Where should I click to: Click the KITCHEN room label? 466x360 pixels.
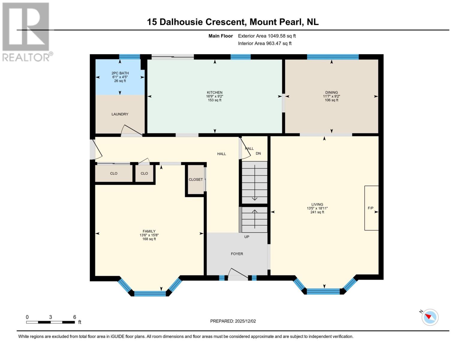pos(214,92)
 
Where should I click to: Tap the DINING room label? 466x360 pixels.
pos(331,92)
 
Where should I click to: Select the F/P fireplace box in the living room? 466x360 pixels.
pos(371,208)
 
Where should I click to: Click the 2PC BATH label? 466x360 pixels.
pos(120,73)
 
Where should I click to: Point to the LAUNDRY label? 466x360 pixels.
pos(120,114)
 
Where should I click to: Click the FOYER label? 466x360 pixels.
pos(237,254)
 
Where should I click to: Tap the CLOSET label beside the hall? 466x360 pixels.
pos(196,179)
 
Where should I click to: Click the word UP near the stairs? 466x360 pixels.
pos(247,237)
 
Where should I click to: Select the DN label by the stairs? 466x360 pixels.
pos(258,153)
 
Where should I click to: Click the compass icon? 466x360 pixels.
pos(430,317)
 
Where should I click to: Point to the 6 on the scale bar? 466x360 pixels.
pos(75,317)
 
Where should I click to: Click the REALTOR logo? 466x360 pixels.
pos(26,31)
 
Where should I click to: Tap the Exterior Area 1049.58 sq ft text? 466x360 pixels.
pos(267,36)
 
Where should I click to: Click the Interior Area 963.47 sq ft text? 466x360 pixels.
pos(265,43)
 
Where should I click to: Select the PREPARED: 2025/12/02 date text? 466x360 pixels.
pos(233,321)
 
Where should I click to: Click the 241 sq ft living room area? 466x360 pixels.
pos(317,212)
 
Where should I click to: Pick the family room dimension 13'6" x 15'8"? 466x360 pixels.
pos(149,235)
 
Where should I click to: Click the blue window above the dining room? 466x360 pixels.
pos(333,57)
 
